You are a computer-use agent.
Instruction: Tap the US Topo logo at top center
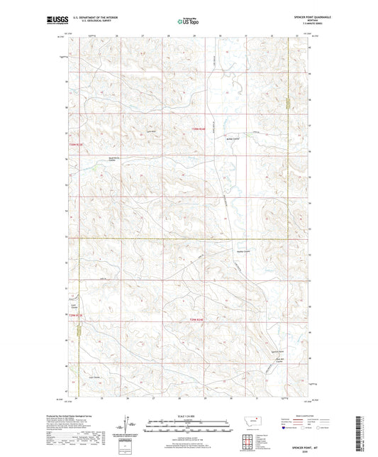click(188, 21)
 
